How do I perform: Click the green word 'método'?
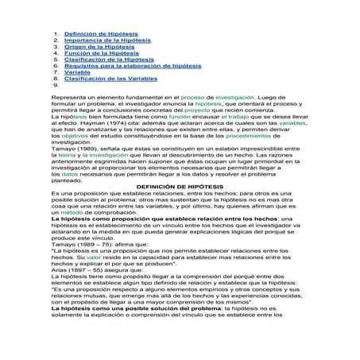[64, 234]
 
